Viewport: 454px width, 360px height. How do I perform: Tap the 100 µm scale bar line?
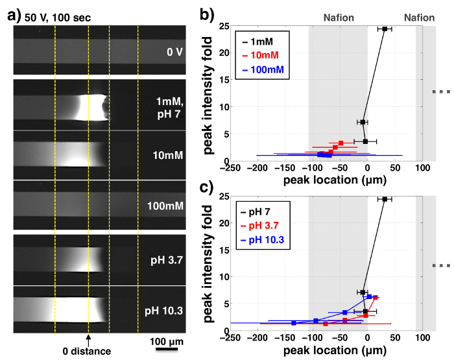click(x=167, y=349)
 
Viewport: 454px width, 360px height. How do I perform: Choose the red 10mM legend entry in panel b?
click(x=262, y=55)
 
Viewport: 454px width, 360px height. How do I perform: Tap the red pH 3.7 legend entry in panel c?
click(x=262, y=228)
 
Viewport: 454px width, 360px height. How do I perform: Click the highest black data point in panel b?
click(x=385, y=29)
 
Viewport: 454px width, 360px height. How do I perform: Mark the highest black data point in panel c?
click(x=385, y=199)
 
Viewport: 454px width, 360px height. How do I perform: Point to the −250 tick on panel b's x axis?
click(x=227, y=167)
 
